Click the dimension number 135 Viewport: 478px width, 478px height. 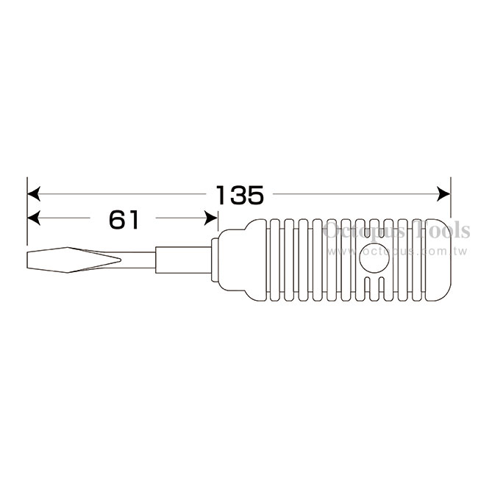click(x=240, y=195)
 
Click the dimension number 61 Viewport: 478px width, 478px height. click(x=124, y=219)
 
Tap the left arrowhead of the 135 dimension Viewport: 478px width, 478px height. click(x=34, y=194)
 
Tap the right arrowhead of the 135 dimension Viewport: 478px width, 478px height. click(x=443, y=194)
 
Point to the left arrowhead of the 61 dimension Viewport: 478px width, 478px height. click(x=34, y=218)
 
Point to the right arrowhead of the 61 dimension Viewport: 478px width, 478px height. click(x=211, y=218)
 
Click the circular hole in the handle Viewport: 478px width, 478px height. click(x=374, y=258)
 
